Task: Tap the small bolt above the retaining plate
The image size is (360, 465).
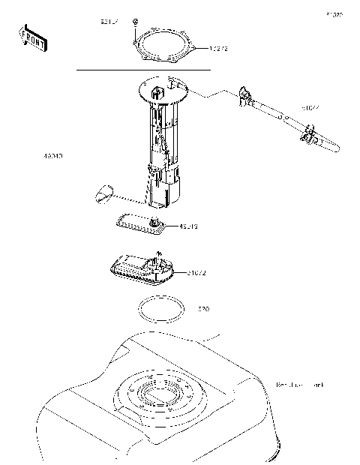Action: pyautogui.click(x=134, y=21)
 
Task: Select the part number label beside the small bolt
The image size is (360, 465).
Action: pyautogui.click(x=109, y=22)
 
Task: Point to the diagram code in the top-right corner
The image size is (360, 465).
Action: pyautogui.click(x=334, y=14)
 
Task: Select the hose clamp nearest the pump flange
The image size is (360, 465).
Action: pyautogui.click(x=245, y=96)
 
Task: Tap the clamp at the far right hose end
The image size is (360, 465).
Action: pyautogui.click(x=309, y=136)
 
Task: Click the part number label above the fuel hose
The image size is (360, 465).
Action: pyautogui.click(x=310, y=108)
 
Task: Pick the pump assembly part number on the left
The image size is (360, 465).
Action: pyautogui.click(x=52, y=157)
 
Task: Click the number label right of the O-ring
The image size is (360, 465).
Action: pyautogui.click(x=203, y=308)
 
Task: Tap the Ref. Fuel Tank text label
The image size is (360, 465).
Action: pyautogui.click(x=300, y=385)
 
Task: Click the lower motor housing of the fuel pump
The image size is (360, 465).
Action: pyautogui.click(x=165, y=190)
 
